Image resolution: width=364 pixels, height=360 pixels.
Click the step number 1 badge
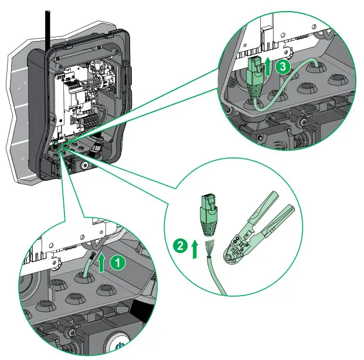[118, 263]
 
